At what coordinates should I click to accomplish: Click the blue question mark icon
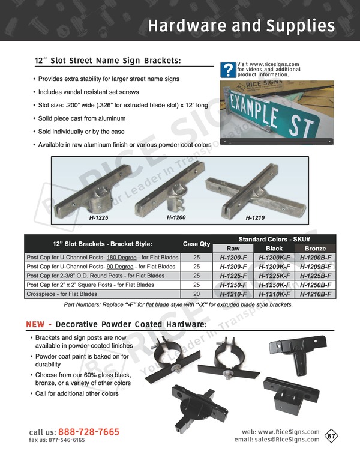coord(227,70)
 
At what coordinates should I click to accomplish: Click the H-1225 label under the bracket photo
coord(98,217)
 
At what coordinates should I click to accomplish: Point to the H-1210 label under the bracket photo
coord(255,218)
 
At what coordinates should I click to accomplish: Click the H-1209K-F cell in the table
coord(275,266)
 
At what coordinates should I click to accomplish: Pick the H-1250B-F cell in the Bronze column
coord(316,285)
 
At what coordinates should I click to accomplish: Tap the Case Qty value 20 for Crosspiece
coord(196,294)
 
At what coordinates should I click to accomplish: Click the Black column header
coord(274,248)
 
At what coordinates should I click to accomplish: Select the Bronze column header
coord(316,248)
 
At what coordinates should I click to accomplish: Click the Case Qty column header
coord(196,244)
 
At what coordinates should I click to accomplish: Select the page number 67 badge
coord(331,436)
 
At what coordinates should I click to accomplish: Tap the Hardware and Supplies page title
coord(241,26)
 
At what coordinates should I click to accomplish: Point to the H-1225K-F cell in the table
coord(275,276)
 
